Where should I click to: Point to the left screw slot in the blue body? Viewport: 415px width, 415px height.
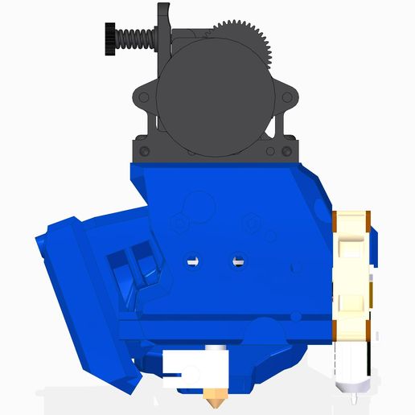point(192,261)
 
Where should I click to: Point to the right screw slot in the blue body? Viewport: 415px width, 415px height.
point(237,261)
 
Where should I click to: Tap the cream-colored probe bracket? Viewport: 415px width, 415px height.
point(353,273)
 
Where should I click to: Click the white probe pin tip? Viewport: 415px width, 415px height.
point(353,397)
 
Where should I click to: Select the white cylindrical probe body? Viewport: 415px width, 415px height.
point(352,366)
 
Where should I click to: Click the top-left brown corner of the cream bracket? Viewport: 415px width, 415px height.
point(338,215)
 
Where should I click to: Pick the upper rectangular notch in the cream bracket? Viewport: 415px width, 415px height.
point(353,240)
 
